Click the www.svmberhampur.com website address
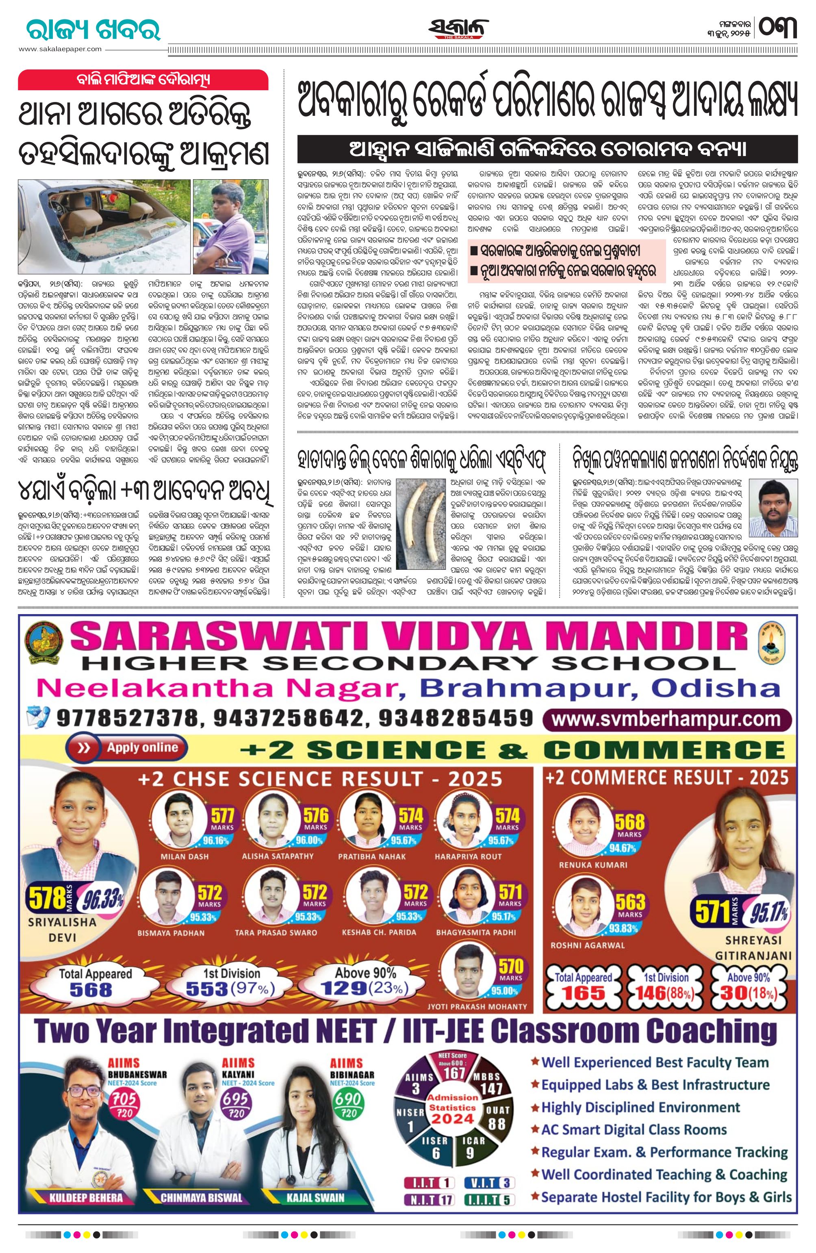coord(666,719)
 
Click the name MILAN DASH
coord(184,857)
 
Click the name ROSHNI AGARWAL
coord(588,945)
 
